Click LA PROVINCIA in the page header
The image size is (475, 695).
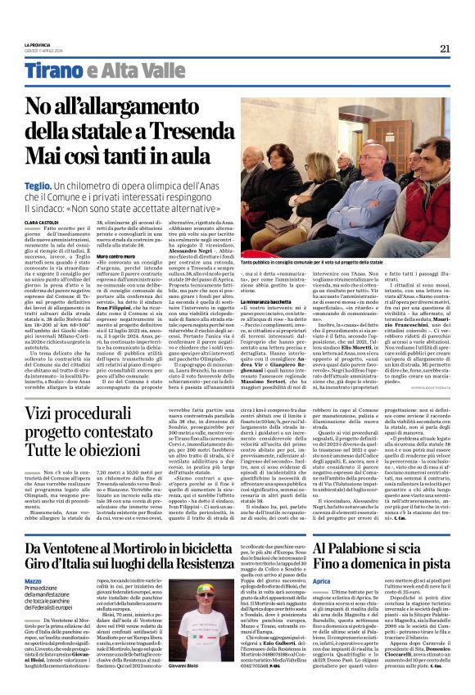point(37,44)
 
